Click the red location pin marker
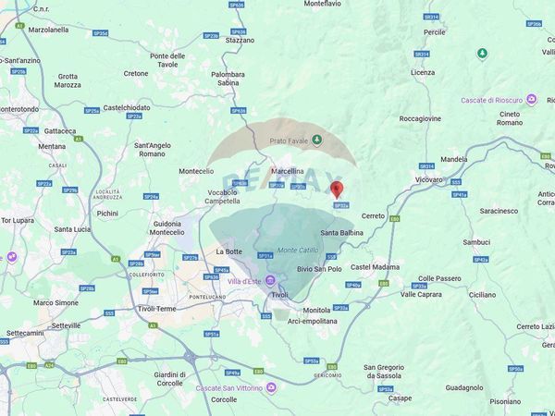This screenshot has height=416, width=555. [x=337, y=190]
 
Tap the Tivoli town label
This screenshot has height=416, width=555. [x=279, y=294]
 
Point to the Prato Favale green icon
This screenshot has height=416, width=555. [x=317, y=141]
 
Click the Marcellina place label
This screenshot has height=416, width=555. [x=288, y=171]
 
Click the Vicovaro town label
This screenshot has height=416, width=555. [x=429, y=179]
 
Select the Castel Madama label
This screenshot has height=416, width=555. [x=375, y=267]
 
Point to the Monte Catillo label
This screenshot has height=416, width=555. [x=300, y=250]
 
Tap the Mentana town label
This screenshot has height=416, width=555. [x=52, y=146]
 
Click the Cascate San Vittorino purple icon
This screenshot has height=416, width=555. [x=271, y=386]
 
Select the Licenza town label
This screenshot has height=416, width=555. [x=423, y=72]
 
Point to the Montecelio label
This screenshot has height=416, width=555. [x=196, y=171]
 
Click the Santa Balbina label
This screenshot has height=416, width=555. [x=341, y=232]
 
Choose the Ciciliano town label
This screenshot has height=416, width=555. [x=482, y=294]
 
